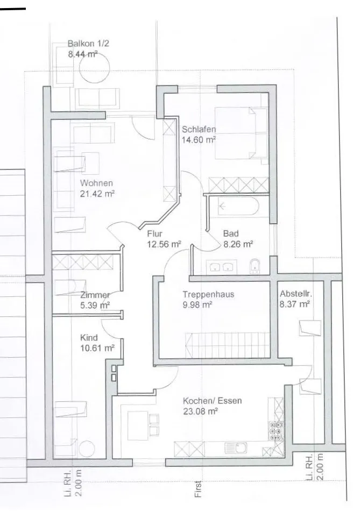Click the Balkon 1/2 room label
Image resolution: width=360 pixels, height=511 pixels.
click(88, 44)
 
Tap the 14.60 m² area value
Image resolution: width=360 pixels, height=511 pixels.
click(199, 140)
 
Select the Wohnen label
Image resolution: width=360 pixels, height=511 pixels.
click(96, 183)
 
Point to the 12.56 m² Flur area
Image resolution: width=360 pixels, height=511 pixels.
click(164, 244)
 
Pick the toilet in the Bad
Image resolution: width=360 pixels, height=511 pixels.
click(255, 266)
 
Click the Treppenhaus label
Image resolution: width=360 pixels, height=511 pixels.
click(208, 294)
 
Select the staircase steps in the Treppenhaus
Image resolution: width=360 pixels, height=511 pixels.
click(227, 345)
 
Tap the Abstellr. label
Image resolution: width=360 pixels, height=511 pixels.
click(296, 294)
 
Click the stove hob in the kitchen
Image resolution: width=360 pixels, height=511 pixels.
click(276, 431)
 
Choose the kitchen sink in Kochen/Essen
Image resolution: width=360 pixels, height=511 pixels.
click(236, 448)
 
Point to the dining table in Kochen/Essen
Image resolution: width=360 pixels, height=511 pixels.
click(138, 425)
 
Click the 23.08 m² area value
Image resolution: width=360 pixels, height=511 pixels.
click(200, 411)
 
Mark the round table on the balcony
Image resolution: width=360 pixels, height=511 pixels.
click(95, 68)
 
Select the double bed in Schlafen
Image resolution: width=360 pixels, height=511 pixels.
click(241, 133)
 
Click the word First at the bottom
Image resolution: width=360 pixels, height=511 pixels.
click(198, 488)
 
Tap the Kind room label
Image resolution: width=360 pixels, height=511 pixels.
click(89, 338)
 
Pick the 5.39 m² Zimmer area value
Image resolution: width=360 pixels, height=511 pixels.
click(95, 306)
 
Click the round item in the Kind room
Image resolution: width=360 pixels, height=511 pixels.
click(87, 448)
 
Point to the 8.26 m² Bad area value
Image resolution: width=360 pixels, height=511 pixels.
click(238, 244)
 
